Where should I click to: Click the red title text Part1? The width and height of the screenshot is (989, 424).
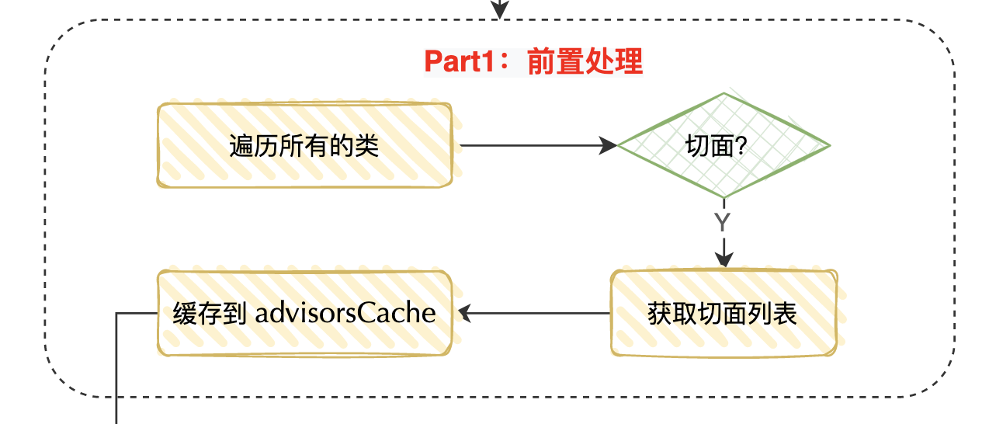459,61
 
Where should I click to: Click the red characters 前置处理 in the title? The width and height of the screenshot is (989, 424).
585,61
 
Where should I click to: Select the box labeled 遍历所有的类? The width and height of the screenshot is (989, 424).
304,145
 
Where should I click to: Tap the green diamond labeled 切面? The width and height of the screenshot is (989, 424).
724,145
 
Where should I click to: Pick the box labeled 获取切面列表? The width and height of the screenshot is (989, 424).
724,313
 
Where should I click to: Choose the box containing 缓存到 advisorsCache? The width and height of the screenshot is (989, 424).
304,313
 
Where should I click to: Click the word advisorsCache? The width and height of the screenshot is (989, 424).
345,313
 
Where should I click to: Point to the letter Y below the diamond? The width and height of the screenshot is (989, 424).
722,222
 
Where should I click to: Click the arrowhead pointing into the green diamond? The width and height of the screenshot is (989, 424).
608,145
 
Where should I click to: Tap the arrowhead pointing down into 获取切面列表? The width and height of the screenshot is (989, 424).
724,259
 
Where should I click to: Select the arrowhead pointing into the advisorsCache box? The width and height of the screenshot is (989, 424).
464,313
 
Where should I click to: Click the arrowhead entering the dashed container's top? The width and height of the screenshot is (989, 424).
499,9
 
